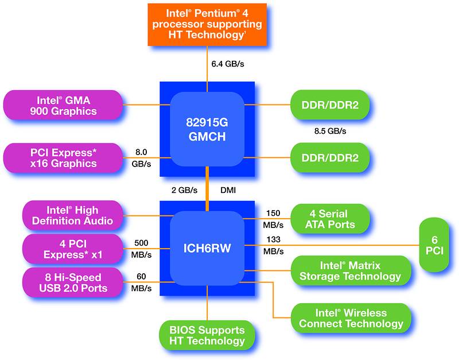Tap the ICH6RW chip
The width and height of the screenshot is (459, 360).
[207, 249]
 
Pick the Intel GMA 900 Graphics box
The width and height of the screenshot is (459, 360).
[64, 105]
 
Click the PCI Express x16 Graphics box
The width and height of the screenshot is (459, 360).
[64, 158]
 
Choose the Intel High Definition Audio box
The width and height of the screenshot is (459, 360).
[72, 215]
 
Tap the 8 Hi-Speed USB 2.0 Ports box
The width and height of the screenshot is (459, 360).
[72, 282]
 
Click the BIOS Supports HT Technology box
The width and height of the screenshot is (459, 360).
[207, 335]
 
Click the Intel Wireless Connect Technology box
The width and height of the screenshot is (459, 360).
[351, 318]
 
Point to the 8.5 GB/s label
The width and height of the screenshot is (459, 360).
[330, 131]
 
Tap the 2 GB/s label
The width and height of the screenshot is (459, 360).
[185, 189]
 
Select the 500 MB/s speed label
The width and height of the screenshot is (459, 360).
[142, 248]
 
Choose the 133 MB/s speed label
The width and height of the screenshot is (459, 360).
[274, 245]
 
